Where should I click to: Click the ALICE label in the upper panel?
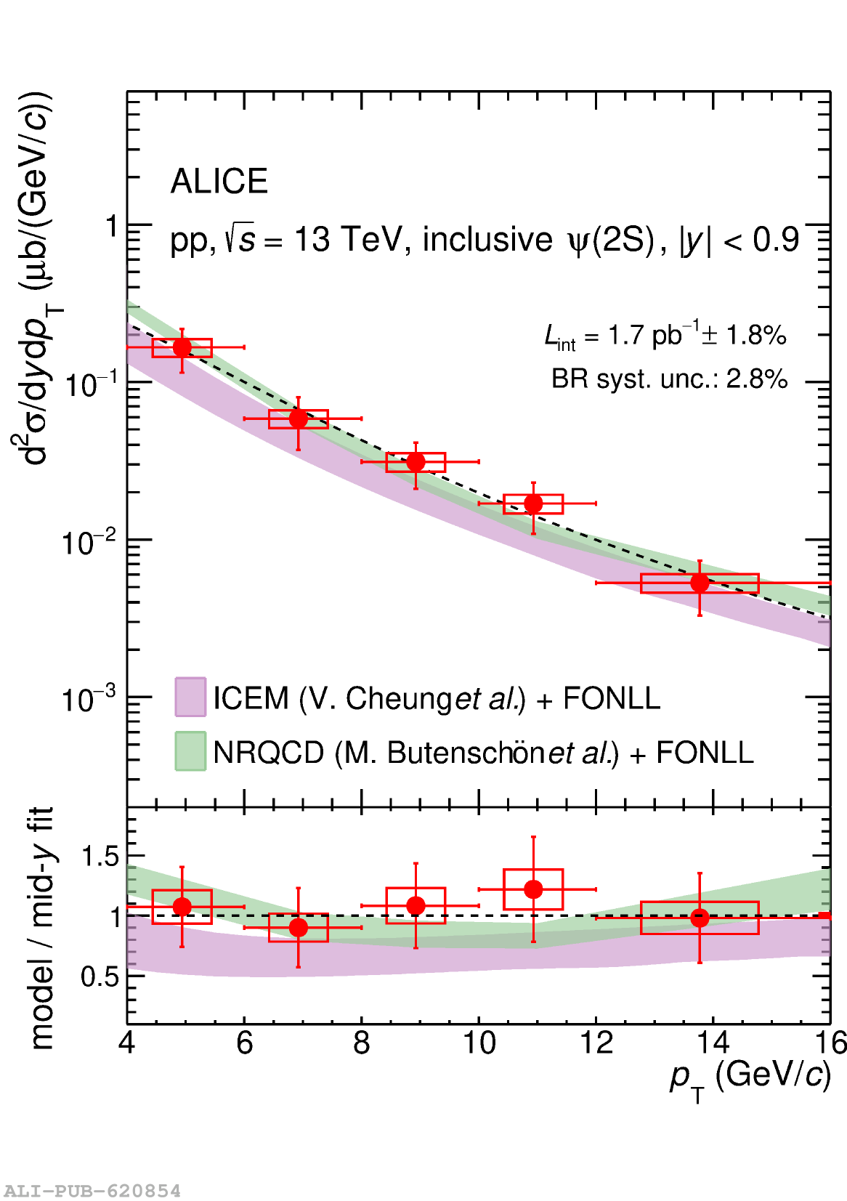[219, 182]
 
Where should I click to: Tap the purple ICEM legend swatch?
[190, 697]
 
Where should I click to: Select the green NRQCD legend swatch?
[190, 751]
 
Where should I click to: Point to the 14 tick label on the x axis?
[713, 1043]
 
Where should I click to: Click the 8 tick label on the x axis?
[361, 1043]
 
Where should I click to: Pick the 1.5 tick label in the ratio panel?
[100, 857]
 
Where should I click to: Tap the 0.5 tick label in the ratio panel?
[100, 976]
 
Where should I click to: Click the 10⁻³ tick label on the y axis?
[88, 699]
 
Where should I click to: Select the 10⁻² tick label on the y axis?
[88, 542]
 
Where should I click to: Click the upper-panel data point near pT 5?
[182, 347]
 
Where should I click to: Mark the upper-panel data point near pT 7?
[299, 418]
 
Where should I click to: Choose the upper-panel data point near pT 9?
[416, 461]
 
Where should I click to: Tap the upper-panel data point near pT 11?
[533, 504]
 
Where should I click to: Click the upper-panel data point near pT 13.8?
[700, 583]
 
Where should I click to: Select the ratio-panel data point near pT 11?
[533, 889]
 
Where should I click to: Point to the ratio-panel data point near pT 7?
[299, 928]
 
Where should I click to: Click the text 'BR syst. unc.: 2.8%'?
[669, 379]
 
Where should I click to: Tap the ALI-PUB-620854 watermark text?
[92, 1191]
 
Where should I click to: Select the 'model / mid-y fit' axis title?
[42, 928]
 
